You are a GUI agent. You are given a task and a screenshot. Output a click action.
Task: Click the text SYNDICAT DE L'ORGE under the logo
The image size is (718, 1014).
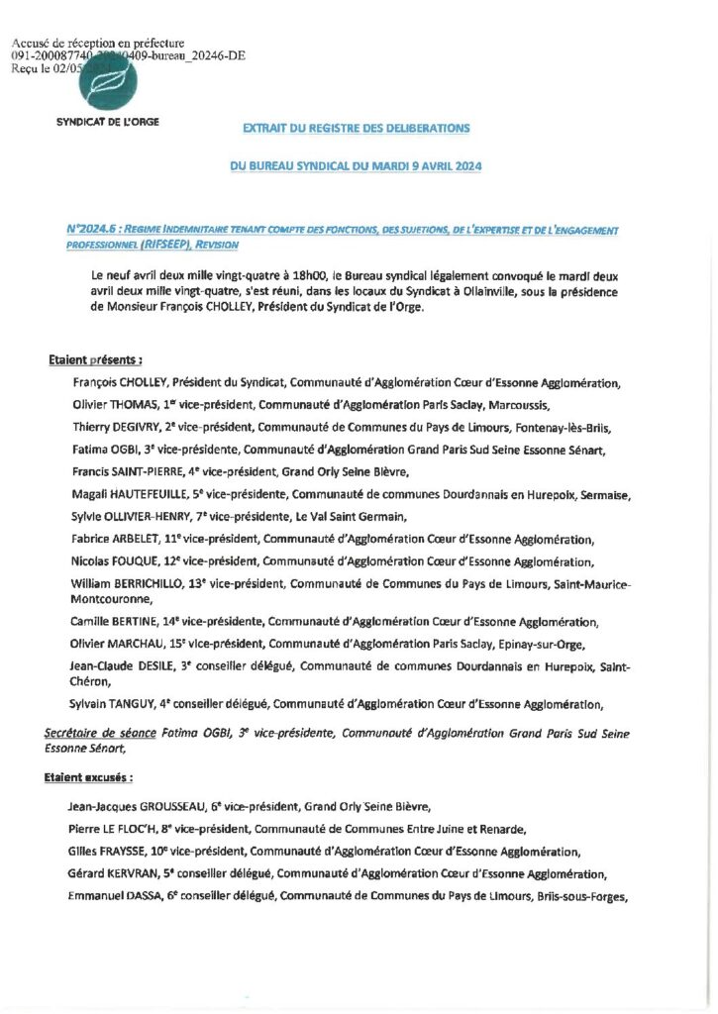point(108,121)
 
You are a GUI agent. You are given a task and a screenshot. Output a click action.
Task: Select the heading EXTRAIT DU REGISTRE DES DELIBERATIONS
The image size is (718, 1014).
point(357,129)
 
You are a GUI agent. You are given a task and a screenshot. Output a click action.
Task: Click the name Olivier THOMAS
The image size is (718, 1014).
point(115,404)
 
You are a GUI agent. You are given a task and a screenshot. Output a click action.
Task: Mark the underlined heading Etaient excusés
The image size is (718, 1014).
point(89,778)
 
